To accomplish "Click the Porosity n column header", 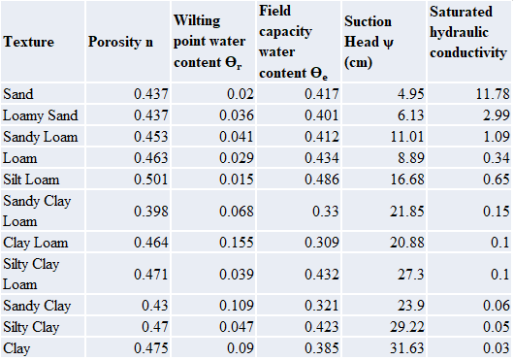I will (120, 42).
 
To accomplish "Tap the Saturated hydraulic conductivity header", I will (466, 42).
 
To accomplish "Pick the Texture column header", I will (29, 42).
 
